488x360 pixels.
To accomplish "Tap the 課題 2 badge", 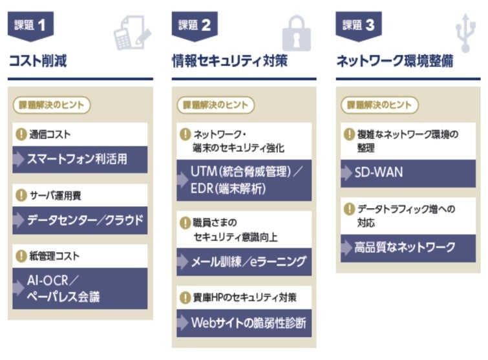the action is [x=194, y=26].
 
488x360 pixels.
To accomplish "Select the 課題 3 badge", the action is [x=358, y=26].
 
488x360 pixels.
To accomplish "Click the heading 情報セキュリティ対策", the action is [x=229, y=61].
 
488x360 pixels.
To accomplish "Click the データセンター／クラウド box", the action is [x=80, y=220].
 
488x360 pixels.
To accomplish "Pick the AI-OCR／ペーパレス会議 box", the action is [x=80, y=289].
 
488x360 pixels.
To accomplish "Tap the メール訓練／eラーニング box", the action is [x=244, y=262].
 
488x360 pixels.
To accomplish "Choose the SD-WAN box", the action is [x=408, y=173].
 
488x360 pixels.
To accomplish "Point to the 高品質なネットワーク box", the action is [x=408, y=247].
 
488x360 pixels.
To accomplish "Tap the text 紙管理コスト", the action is [x=54, y=256].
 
